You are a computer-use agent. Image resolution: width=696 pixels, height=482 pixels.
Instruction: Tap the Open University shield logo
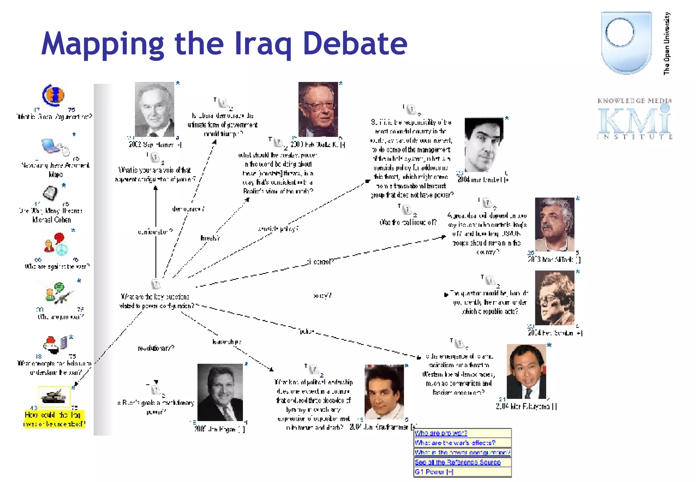(x=626, y=42)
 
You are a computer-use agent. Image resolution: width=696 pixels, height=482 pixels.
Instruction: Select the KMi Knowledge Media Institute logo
(x=634, y=119)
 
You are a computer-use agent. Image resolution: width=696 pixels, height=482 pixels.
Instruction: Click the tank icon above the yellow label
(x=54, y=396)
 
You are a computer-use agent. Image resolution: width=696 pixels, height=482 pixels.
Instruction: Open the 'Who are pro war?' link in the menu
(x=441, y=433)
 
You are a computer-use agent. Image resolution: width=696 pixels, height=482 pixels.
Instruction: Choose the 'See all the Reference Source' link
(x=457, y=462)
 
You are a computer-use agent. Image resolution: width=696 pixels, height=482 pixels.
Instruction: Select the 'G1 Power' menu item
(x=434, y=472)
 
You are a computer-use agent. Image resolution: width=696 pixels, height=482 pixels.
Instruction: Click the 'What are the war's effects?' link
(x=455, y=443)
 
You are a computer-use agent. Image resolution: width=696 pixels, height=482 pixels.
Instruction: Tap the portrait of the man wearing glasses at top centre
(x=318, y=109)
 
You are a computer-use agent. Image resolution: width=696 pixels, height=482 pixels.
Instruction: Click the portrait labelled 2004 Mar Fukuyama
(x=526, y=371)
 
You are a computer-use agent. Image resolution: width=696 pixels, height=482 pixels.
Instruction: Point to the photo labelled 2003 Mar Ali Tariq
(x=555, y=224)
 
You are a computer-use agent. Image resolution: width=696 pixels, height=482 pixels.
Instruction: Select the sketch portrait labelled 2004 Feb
(x=555, y=298)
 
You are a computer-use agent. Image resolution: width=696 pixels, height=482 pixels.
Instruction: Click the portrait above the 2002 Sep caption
(x=155, y=109)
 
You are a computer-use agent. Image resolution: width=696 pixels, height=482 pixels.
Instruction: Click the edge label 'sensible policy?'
(x=278, y=229)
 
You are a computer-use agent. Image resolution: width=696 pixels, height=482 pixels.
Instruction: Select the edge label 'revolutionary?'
(x=156, y=348)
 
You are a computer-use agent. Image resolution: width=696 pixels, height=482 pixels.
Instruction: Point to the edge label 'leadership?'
(x=227, y=342)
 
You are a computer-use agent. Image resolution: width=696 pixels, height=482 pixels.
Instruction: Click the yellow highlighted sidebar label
(x=54, y=419)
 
